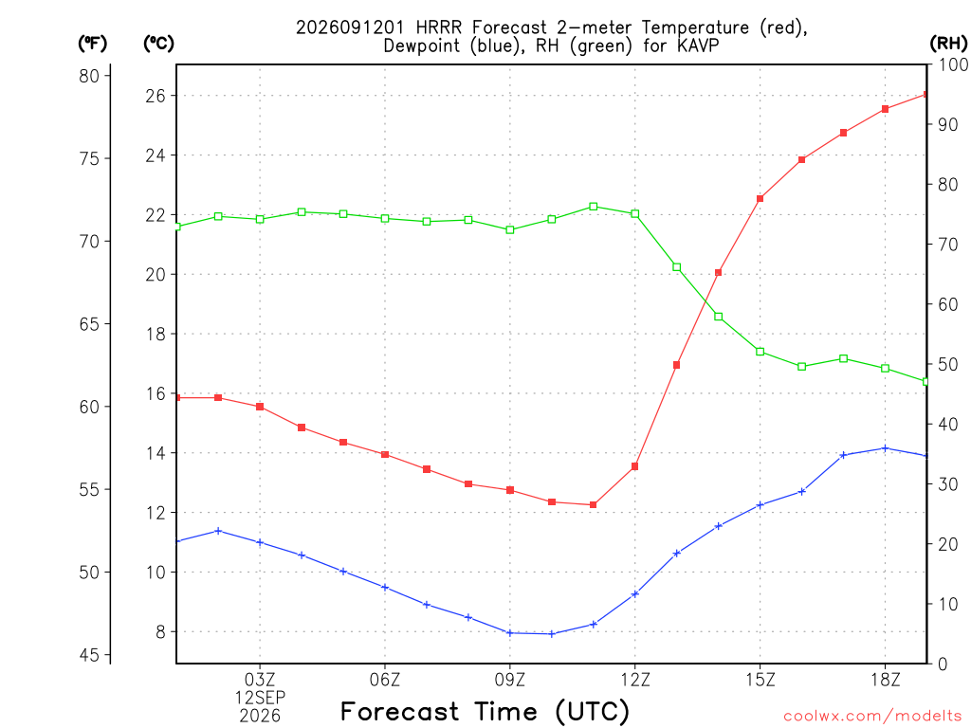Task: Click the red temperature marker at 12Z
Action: click(x=634, y=466)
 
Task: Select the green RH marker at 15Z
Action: click(x=760, y=352)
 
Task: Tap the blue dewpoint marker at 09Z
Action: click(x=509, y=632)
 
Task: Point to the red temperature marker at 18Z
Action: click(x=885, y=109)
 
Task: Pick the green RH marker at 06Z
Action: click(x=385, y=219)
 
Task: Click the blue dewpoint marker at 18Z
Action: click(x=885, y=448)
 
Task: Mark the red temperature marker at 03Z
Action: click(x=260, y=407)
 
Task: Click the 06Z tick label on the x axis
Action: click(x=385, y=680)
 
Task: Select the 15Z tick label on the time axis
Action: click(x=760, y=680)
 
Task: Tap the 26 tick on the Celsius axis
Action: click(x=156, y=96)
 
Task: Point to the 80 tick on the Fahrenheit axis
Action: click(x=89, y=76)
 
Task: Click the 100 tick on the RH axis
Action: click(x=953, y=64)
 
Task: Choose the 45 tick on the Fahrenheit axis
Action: click(x=89, y=655)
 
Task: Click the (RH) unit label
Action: click(x=948, y=44)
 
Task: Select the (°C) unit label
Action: click(x=158, y=44)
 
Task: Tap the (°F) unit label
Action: click(x=92, y=44)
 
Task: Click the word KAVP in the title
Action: click(x=698, y=45)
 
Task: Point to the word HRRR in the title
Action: click(x=438, y=27)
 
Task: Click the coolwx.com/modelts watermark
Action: click(x=872, y=717)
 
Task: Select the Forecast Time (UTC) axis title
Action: click(x=485, y=711)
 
